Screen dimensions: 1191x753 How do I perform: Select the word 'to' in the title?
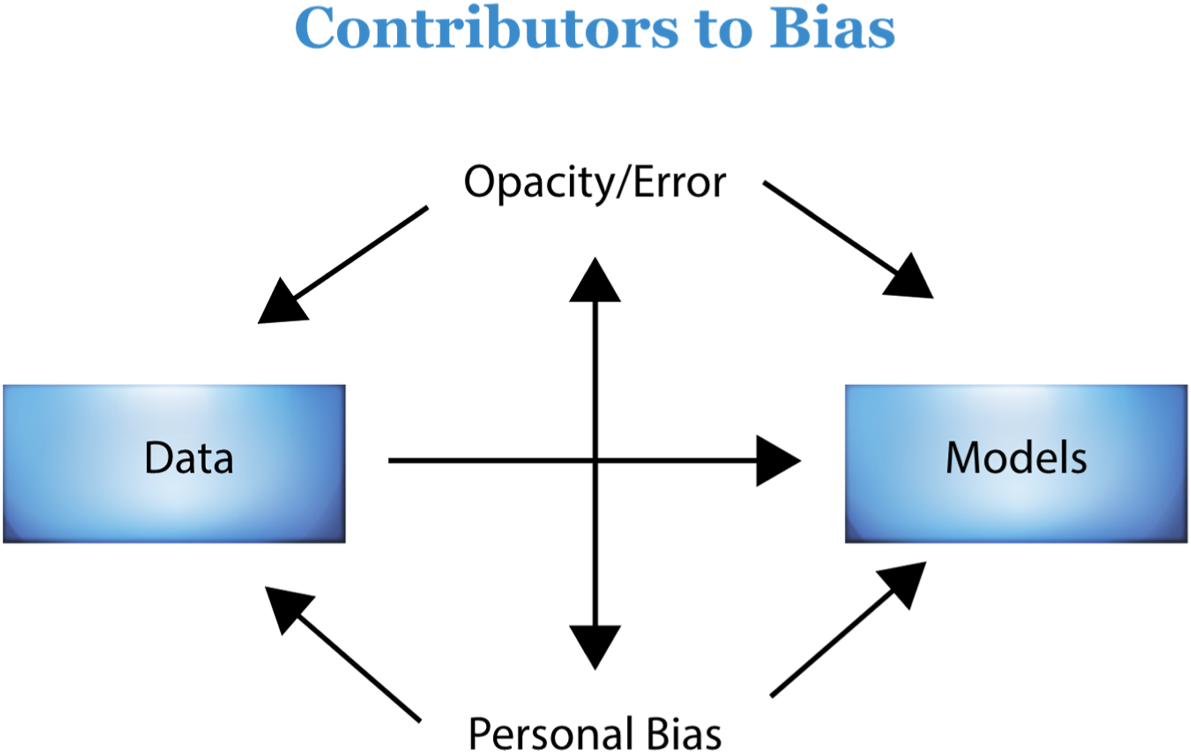[x=724, y=31]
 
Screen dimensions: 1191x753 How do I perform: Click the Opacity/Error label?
[x=595, y=183]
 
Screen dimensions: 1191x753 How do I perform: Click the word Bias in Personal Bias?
[x=684, y=734]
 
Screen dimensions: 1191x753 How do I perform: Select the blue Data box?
[x=174, y=464]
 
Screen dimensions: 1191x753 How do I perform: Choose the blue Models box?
[x=1016, y=464]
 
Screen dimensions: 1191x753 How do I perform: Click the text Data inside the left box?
[x=189, y=458]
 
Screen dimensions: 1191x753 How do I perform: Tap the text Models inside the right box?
[x=1016, y=458]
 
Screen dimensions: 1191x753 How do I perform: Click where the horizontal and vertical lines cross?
[x=595, y=461]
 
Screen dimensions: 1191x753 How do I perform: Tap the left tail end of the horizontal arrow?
[x=389, y=461]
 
